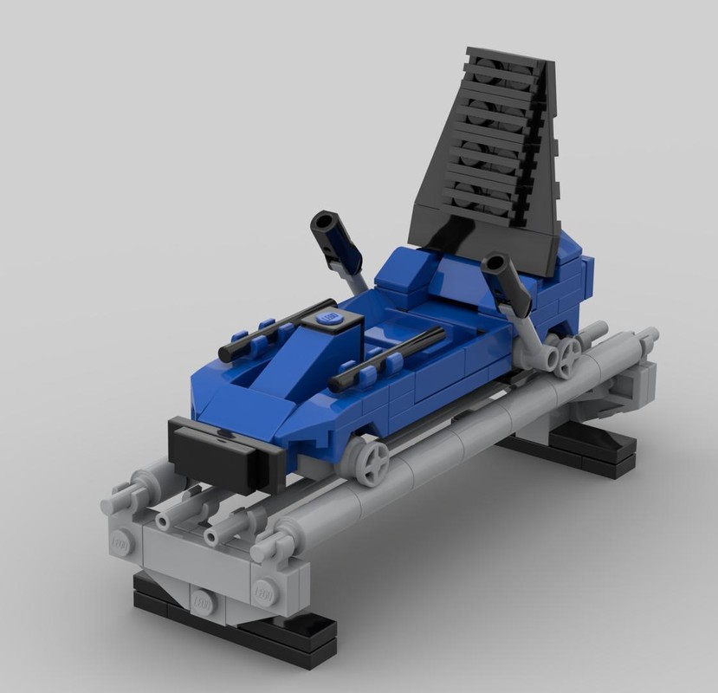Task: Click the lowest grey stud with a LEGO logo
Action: [x=202, y=599]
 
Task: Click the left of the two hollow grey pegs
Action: [x=165, y=519]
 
